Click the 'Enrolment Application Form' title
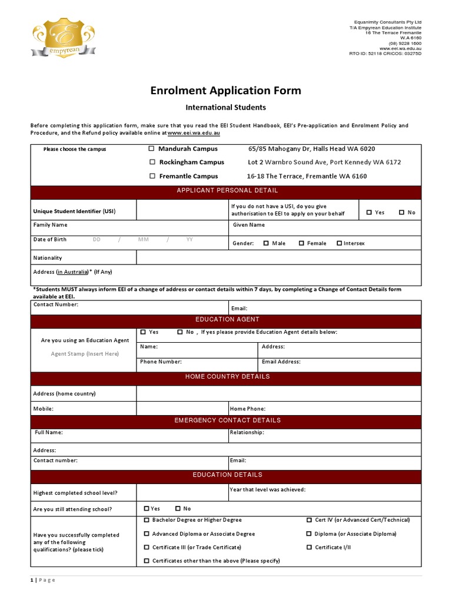(226, 90)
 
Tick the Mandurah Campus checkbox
(152, 149)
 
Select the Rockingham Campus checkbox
(152, 162)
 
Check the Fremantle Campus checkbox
(152, 176)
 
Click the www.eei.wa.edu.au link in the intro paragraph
(194, 133)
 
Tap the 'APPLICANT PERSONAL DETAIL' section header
(227, 191)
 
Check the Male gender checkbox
(266, 243)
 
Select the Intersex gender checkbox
(340, 243)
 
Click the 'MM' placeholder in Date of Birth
(144, 240)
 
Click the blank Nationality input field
(278, 258)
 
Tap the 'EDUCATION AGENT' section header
(227, 320)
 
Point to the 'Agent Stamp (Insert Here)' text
(85, 354)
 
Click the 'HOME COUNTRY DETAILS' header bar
(227, 377)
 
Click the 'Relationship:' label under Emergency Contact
(247, 432)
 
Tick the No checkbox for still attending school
(178, 509)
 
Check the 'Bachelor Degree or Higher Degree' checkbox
(147, 521)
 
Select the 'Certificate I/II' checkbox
(309, 548)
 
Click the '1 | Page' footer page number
(43, 580)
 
